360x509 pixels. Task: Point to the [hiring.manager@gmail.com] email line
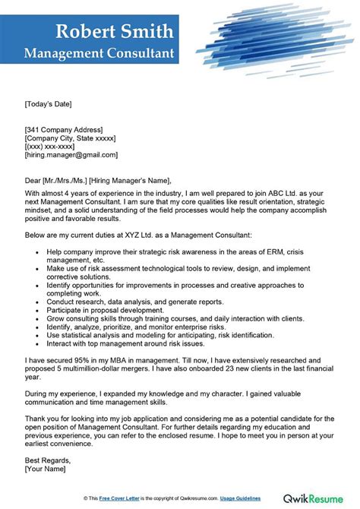pyautogui.click(x=71, y=154)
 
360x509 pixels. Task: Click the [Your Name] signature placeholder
pyautogui.click(x=46, y=470)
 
